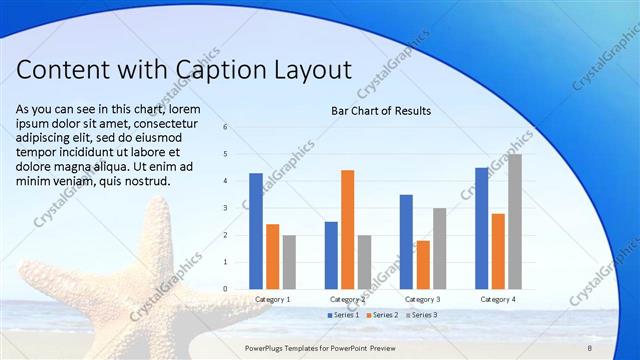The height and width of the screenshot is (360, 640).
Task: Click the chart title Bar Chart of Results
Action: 381,111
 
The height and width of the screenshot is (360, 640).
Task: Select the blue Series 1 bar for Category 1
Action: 256,231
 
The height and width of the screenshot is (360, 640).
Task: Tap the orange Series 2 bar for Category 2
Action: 347,229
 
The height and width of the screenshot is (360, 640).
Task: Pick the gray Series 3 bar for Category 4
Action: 515,221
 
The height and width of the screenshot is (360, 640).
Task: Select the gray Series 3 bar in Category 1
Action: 289,262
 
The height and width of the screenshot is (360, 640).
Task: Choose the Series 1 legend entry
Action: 343,315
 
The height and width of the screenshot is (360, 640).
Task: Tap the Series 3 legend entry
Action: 420,315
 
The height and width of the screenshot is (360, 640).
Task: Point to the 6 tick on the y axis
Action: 226,127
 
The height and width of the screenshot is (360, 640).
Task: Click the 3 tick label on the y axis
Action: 226,208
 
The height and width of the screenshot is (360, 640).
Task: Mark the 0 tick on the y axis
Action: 226,289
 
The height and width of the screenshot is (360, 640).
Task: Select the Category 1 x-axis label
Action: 272,299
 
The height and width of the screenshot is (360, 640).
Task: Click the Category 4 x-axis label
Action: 497,299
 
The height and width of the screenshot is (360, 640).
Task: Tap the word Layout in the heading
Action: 310,70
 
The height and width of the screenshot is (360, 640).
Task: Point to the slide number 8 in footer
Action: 589,346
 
